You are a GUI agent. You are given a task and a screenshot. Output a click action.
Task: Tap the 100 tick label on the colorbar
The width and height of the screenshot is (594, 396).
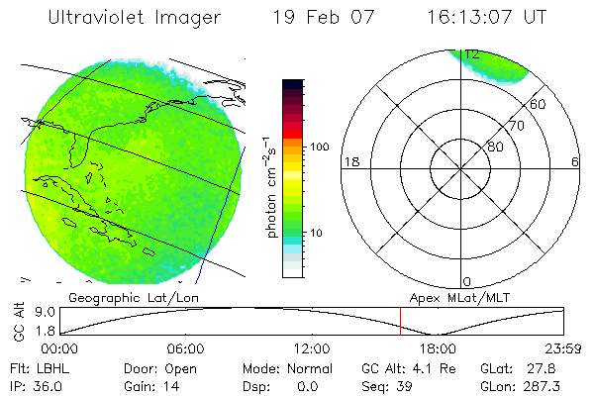pyautogui.click(x=318, y=147)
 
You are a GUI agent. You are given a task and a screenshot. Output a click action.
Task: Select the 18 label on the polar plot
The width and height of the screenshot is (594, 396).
pyautogui.click(x=350, y=160)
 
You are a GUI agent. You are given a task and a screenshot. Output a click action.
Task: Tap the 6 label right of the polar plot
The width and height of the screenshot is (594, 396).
pyautogui.click(x=575, y=160)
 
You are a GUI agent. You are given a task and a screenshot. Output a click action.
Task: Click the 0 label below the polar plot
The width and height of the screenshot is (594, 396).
pyautogui.click(x=467, y=282)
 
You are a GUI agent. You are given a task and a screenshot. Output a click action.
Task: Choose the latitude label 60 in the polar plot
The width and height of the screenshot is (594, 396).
pyautogui.click(x=539, y=104)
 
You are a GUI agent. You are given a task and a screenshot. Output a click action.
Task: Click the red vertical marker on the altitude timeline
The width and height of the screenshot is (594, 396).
pyautogui.click(x=399, y=322)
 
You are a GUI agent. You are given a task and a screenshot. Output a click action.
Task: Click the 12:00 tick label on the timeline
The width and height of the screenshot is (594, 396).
pyautogui.click(x=312, y=348)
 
